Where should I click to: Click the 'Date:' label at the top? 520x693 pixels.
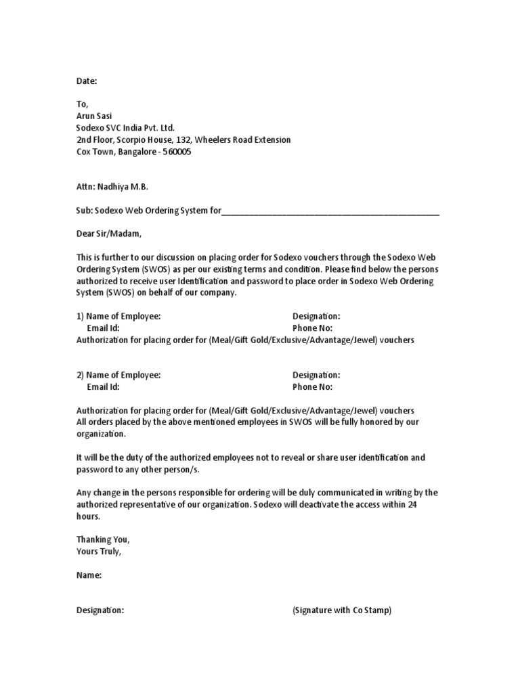[x=87, y=81]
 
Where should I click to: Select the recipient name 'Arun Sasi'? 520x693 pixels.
[x=95, y=116]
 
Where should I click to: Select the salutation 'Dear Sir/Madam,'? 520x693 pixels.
[x=110, y=233]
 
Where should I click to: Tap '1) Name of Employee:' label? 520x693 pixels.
[x=118, y=316]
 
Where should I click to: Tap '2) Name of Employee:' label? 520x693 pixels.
[x=118, y=375]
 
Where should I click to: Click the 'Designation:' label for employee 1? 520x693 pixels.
[x=316, y=316]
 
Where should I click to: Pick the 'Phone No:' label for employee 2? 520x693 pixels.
[x=312, y=387]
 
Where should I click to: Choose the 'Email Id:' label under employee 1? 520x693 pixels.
[x=103, y=328]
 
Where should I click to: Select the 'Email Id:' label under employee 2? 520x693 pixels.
[x=103, y=387]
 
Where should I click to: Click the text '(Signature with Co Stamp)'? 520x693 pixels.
[x=342, y=610]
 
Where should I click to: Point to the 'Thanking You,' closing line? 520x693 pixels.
[x=102, y=539]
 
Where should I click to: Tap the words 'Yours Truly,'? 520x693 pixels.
[x=99, y=551]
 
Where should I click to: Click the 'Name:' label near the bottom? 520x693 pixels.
[x=89, y=575]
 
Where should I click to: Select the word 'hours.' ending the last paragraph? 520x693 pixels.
[x=88, y=516]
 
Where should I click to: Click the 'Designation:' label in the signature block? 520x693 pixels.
[x=100, y=610]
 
